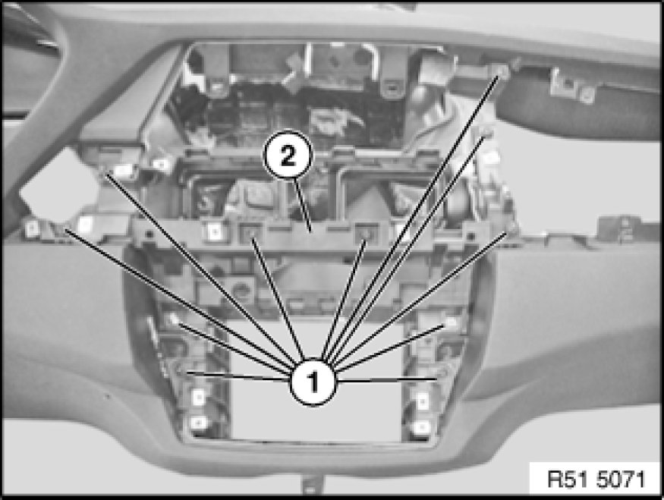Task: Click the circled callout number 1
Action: click(x=313, y=382)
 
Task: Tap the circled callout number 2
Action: click(x=288, y=156)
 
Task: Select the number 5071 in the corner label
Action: click(x=622, y=480)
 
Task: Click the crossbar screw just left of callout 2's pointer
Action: click(x=250, y=234)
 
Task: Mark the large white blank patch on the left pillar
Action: click(x=59, y=185)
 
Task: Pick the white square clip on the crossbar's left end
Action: click(x=215, y=231)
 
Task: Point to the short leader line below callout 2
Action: click(x=304, y=206)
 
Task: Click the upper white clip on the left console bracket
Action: click(x=198, y=397)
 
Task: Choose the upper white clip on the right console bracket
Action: click(x=423, y=401)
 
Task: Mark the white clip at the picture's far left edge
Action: click(x=32, y=229)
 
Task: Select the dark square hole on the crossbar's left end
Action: click(x=148, y=234)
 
